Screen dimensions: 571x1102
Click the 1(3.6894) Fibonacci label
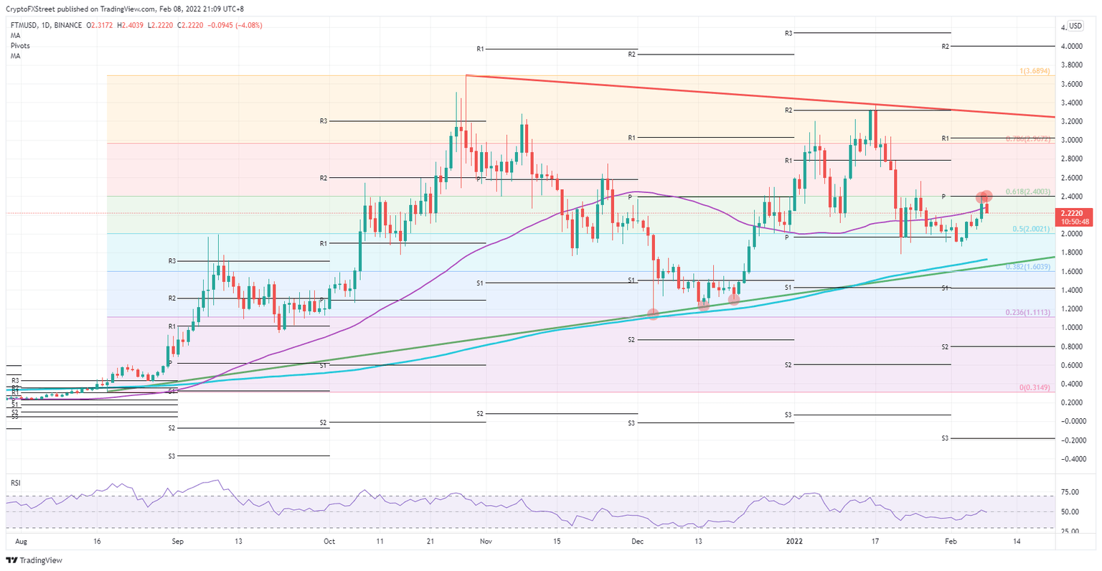pyautogui.click(x=1035, y=72)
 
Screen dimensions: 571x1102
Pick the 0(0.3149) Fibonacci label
pyautogui.click(x=1035, y=387)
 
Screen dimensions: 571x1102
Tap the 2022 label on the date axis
pyautogui.click(x=794, y=542)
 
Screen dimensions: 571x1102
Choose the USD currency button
pyautogui.click(x=1075, y=26)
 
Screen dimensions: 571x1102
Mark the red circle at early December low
pyautogui.click(x=653, y=313)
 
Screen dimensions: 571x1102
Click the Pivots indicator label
pyautogui.click(x=20, y=45)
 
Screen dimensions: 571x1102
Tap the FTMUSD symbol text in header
pyautogui.click(x=27, y=25)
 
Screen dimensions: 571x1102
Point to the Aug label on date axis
pyautogui.click(x=21, y=542)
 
